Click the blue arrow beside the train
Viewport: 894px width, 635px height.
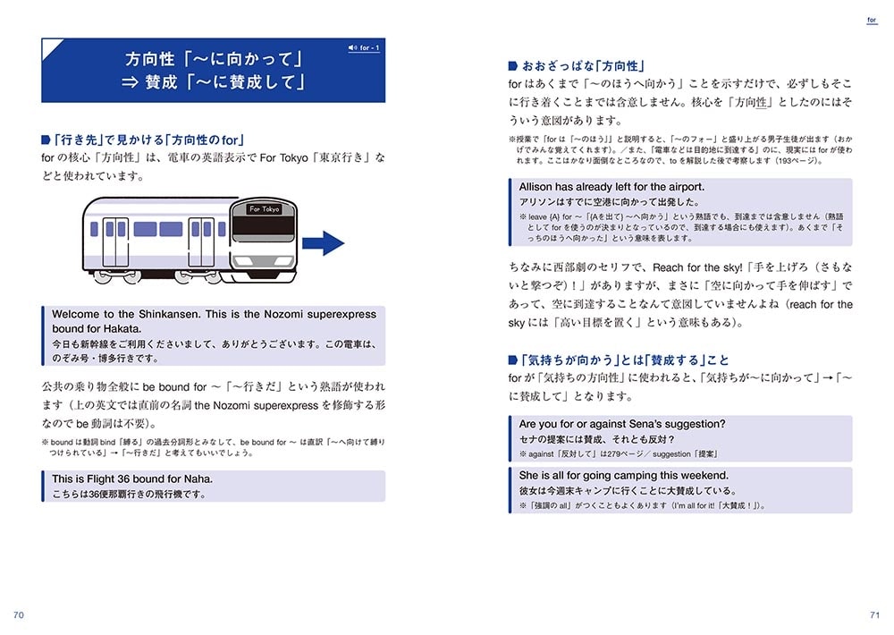323,243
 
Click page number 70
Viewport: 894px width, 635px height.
19,614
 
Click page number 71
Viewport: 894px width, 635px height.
874,614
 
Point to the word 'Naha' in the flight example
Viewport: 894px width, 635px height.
197,478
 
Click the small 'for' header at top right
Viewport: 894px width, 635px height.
873,19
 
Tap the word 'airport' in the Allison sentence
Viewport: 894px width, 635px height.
684,187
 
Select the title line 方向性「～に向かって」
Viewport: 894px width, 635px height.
215,60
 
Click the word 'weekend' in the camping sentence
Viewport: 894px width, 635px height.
704,476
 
